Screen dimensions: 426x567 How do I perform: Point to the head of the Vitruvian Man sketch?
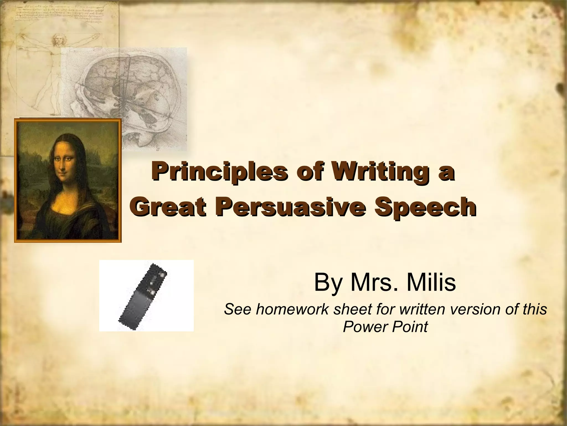coord(58,40)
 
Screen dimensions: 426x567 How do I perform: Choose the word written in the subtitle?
coord(421,310)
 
